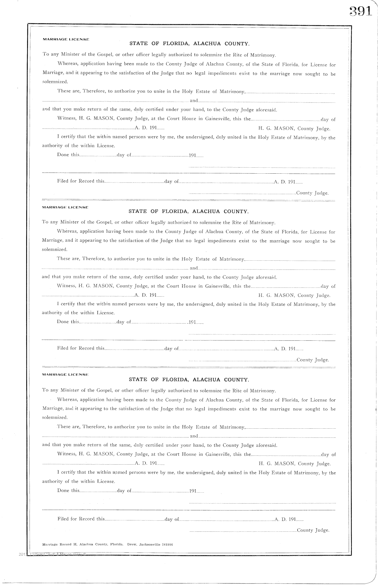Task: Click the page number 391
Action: point(360,12)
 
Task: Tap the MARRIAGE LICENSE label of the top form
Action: point(66,39)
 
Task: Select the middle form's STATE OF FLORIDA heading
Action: point(189,211)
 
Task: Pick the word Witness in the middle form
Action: point(66,286)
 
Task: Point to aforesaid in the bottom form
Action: point(266,445)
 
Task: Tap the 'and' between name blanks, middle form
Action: point(194,268)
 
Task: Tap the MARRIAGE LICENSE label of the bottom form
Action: point(66,374)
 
